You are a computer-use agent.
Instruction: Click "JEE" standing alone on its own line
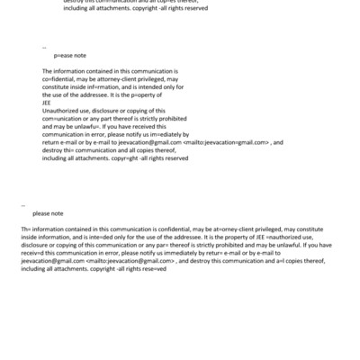[x=47, y=102]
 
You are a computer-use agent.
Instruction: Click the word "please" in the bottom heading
[x=42, y=213]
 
